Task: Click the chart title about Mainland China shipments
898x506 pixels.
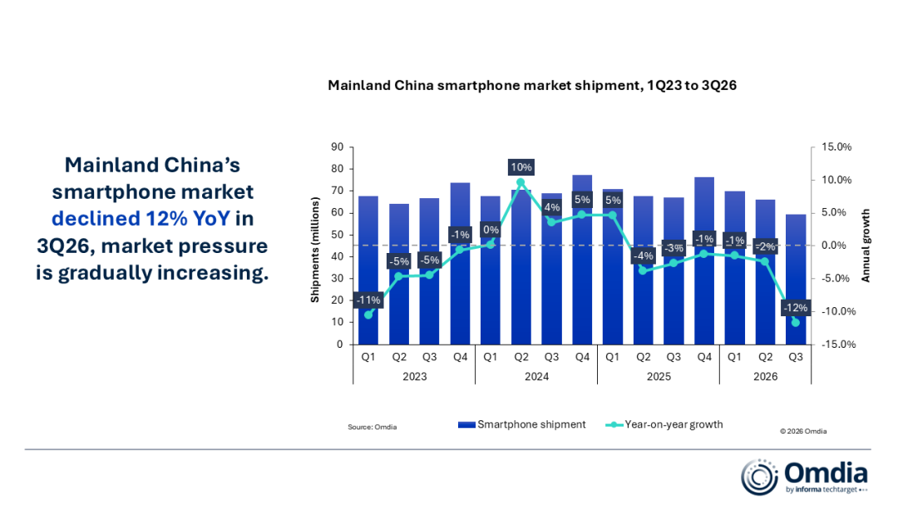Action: (x=532, y=86)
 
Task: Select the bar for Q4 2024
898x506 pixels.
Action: (x=582, y=260)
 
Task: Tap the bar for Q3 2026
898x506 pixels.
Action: (x=796, y=280)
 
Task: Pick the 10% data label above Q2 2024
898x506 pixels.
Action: (x=521, y=167)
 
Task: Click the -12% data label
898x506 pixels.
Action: (x=796, y=308)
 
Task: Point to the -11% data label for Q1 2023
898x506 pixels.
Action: (x=368, y=300)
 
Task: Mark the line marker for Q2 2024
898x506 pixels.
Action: (x=521, y=183)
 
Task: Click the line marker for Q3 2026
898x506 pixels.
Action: (x=796, y=323)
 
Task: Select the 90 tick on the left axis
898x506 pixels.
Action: (x=338, y=147)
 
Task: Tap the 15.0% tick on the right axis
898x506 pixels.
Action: (x=836, y=147)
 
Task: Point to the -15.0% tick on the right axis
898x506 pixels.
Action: (x=838, y=345)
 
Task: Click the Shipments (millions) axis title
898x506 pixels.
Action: (x=315, y=250)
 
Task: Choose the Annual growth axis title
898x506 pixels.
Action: (x=866, y=246)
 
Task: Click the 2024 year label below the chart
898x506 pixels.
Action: (x=536, y=376)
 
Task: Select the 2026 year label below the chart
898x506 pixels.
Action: (x=765, y=376)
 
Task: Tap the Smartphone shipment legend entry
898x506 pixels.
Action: (x=521, y=424)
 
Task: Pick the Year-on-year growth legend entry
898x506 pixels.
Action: (x=664, y=424)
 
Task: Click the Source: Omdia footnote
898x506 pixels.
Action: (x=373, y=427)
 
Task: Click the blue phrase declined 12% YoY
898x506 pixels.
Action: (x=141, y=218)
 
